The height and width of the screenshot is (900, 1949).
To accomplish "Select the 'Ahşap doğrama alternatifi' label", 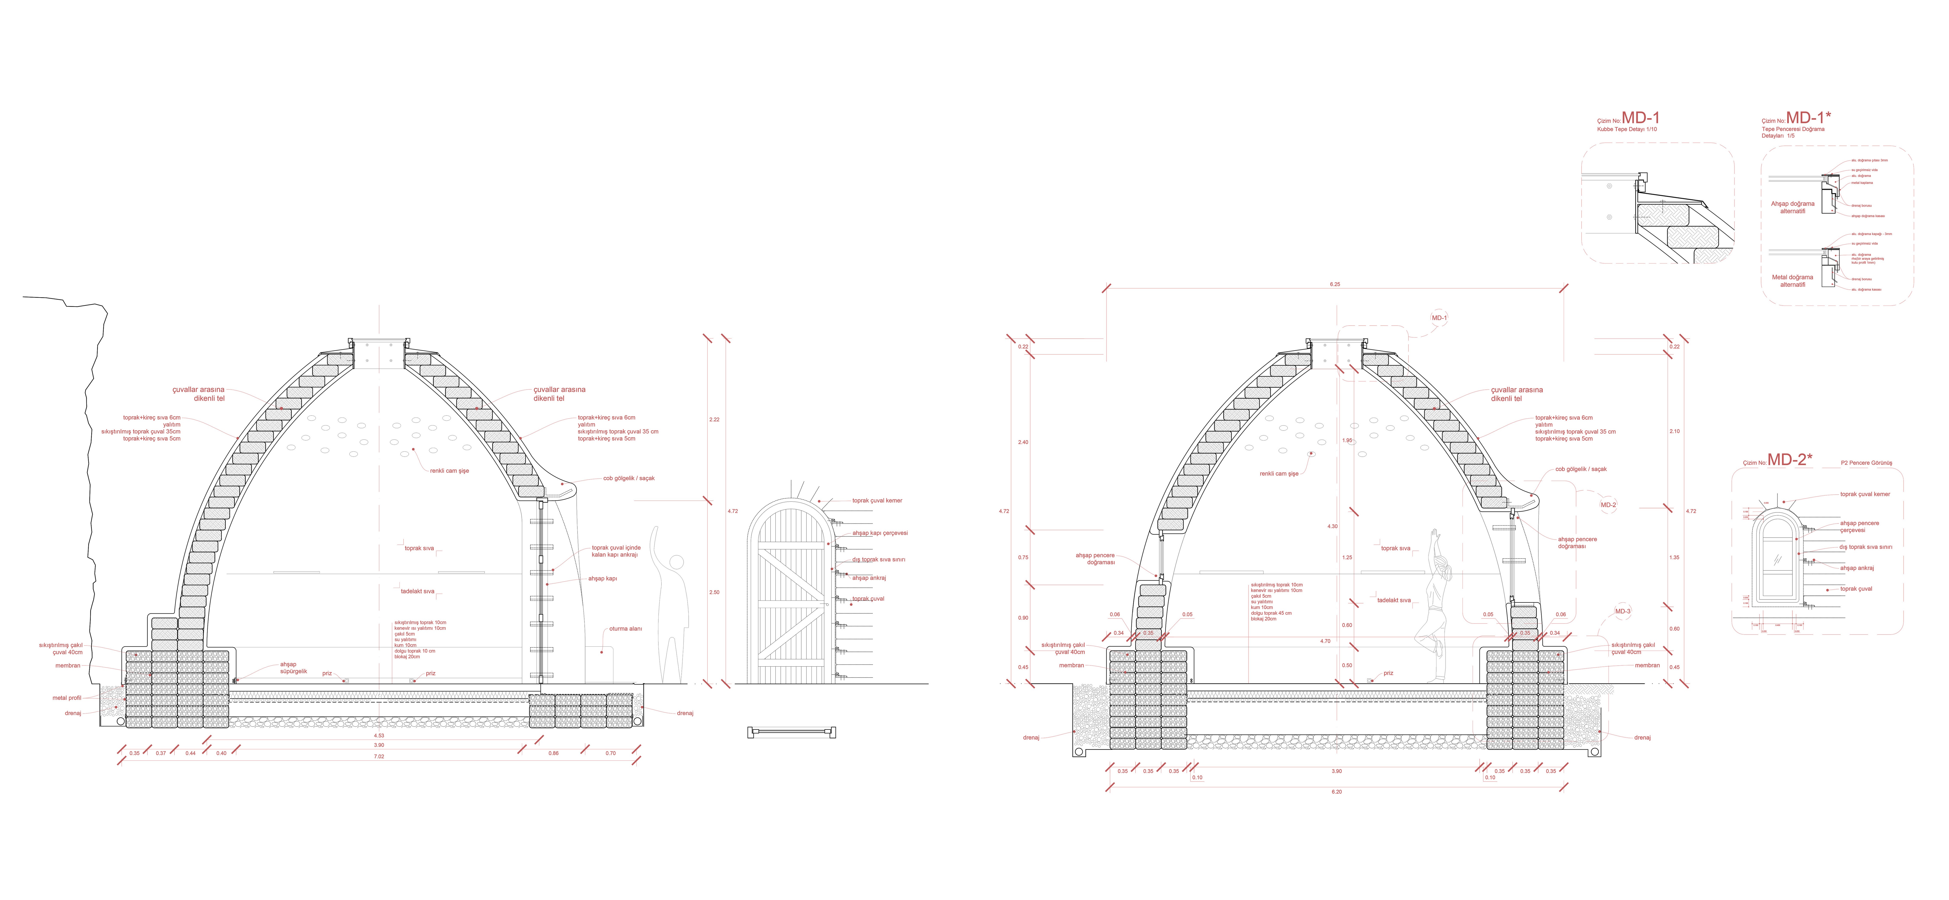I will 1792,207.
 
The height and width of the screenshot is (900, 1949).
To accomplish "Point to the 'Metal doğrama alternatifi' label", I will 1792,281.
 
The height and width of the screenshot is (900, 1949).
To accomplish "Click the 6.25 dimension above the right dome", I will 1335,284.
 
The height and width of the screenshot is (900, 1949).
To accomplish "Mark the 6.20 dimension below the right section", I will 1336,792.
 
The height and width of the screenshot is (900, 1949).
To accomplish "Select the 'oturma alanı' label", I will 626,629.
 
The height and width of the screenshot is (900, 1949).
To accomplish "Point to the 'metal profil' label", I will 67,698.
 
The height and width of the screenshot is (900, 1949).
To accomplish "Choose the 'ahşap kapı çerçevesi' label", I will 880,533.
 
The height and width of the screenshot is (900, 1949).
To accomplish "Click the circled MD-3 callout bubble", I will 1622,611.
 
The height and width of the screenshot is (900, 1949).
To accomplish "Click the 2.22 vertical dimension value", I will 714,420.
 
